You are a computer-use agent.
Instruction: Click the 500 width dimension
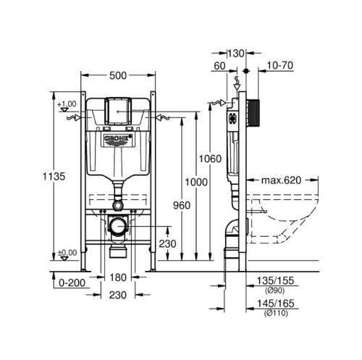pyautogui.click(x=118, y=75)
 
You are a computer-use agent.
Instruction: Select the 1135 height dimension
pyautogui.click(x=54, y=176)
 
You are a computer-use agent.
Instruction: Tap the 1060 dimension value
pyautogui.click(x=210, y=159)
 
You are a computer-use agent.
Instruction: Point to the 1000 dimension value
pyautogui.click(x=196, y=182)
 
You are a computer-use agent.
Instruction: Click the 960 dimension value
pyautogui.click(x=182, y=206)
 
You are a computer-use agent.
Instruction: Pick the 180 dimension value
pyautogui.click(x=118, y=277)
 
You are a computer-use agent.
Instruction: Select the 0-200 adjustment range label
pyautogui.click(x=72, y=282)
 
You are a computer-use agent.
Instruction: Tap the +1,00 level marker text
pyautogui.click(x=67, y=104)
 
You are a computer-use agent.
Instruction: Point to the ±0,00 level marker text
pyautogui.click(x=67, y=253)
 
